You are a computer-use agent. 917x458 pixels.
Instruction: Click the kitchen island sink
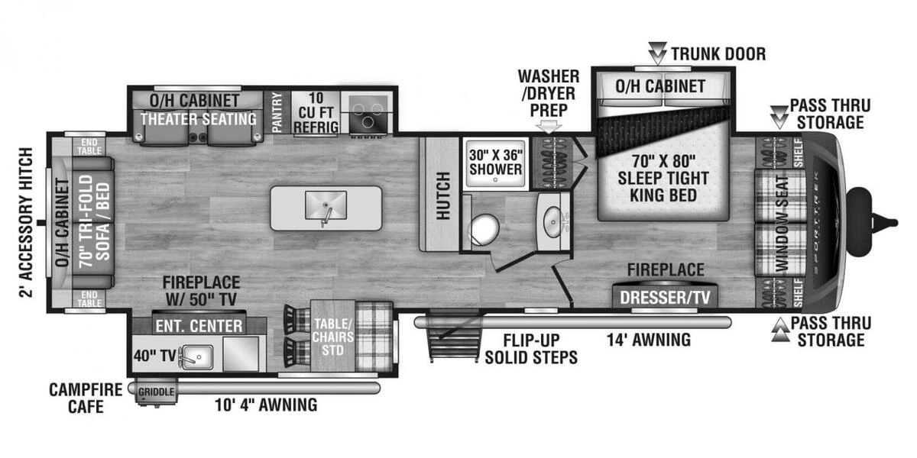point(326,205)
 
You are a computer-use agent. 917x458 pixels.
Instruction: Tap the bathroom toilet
point(484,229)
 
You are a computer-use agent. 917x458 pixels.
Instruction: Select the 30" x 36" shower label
point(496,163)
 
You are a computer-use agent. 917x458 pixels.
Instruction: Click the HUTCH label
point(443,196)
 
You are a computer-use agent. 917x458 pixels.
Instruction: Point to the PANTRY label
point(277,112)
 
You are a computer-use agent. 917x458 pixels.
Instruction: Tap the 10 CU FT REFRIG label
point(316,112)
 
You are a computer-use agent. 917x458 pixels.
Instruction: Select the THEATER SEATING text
point(199,119)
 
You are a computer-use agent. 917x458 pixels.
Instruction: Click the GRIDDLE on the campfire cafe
point(156,392)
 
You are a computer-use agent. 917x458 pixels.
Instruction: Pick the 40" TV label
point(154,356)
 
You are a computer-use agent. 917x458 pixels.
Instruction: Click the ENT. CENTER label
point(199,327)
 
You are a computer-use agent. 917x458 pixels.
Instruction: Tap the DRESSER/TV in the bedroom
point(665,298)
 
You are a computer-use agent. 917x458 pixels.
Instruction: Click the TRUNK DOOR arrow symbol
point(658,53)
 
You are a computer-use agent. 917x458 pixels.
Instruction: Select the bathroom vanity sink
point(552,222)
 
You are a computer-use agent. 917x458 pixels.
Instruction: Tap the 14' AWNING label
point(649,340)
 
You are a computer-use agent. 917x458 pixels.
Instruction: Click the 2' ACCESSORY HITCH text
point(26,222)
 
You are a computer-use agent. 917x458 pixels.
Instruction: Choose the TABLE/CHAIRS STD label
point(333,337)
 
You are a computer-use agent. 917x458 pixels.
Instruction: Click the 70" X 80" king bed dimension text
point(663,162)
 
